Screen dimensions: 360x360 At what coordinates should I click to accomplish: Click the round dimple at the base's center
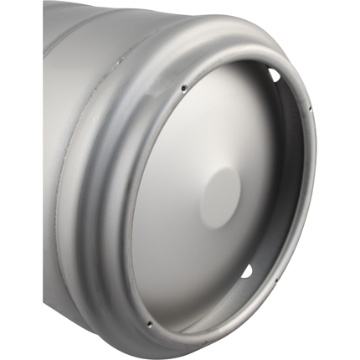(x=220, y=198)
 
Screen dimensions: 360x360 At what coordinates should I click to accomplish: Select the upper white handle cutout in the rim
(x=275, y=75)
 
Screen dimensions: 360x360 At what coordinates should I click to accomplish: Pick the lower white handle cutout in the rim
(x=246, y=270)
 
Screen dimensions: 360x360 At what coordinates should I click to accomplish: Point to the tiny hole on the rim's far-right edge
(x=310, y=108)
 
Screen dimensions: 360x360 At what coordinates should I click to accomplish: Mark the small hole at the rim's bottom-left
(x=149, y=324)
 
